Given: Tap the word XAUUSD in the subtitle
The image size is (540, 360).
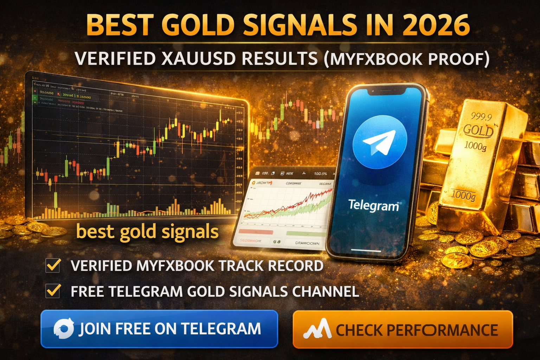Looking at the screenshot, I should point(199,58).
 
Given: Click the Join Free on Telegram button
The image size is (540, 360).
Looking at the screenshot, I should point(159,329).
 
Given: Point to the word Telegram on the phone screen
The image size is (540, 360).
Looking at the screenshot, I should point(373,205).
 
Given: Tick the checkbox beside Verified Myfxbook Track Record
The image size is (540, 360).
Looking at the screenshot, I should point(53,265).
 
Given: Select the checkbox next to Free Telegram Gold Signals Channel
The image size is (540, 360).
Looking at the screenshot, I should point(53,291).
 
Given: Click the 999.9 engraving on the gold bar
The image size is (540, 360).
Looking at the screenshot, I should point(481,117).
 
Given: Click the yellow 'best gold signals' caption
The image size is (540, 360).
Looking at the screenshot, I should point(147,232).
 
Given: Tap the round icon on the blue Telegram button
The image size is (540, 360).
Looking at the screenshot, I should point(64,329).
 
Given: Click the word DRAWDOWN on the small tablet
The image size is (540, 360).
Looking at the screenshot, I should point(307,243).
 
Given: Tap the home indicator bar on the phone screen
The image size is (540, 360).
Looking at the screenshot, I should point(366,251).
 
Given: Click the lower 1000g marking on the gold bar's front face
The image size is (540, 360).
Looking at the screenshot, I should point(463,194).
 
